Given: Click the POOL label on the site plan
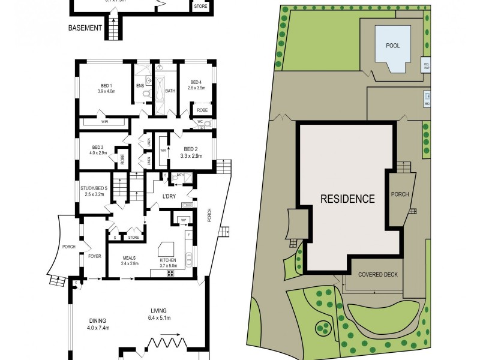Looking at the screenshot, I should click(393, 46).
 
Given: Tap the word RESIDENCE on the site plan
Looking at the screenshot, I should click(347, 199).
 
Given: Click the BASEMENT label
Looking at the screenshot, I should click(85, 28).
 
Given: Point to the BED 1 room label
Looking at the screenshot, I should click(106, 85).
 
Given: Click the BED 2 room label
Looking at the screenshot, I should click(191, 149).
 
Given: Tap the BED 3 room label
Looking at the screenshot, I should click(98, 147).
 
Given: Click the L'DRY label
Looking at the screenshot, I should click(173, 197).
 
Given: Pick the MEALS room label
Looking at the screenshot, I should click(130, 259).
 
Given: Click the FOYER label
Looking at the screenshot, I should click(95, 256).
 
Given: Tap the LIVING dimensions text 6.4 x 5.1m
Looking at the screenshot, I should click(160, 317).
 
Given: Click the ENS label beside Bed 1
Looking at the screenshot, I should click(140, 86).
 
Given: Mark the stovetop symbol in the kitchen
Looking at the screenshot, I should click(170, 274).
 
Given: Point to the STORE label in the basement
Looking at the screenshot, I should click(200, 7).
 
